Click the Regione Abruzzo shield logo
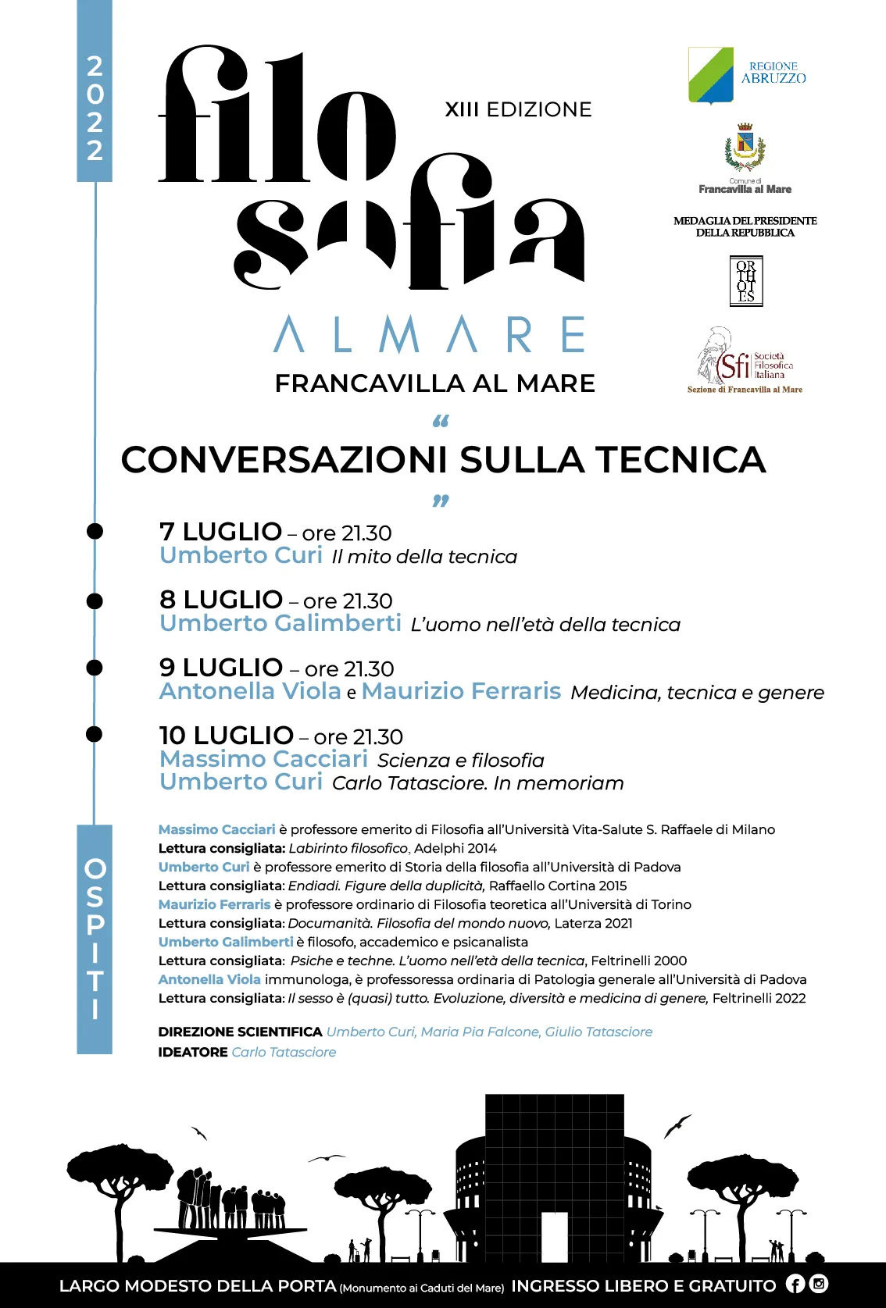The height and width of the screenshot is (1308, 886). (711, 75)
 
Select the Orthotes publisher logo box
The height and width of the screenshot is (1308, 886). (746, 281)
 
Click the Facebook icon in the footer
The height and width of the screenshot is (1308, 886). (795, 1284)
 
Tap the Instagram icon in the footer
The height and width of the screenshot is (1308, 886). (819, 1284)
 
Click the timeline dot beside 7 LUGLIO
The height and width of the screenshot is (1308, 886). (95, 531)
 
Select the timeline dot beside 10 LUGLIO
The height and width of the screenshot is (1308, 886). (95, 734)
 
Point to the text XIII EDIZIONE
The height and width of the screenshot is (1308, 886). (518, 109)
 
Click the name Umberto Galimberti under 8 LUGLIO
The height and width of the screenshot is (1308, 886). (280, 623)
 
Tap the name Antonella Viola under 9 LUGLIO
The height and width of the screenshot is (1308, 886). (250, 691)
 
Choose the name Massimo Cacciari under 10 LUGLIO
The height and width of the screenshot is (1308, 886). (263, 759)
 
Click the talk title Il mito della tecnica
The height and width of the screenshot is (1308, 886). (424, 557)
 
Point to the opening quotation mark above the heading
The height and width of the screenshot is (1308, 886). (441, 422)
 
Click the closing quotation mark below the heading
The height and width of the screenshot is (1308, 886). (441, 500)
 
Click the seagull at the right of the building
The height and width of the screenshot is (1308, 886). (677, 1125)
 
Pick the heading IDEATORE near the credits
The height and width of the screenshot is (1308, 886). (193, 1052)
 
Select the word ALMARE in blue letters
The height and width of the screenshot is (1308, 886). (430, 334)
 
